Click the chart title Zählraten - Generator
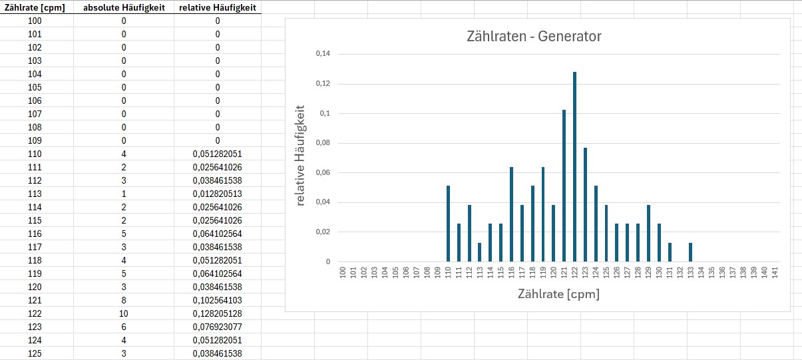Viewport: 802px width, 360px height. click(534, 37)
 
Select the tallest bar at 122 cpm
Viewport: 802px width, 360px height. click(574, 166)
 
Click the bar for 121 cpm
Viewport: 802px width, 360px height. click(564, 186)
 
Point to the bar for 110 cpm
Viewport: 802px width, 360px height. click(448, 224)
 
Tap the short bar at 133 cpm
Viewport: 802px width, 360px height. click(690, 252)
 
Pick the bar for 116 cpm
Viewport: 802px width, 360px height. click(511, 214)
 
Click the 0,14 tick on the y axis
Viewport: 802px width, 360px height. click(323, 54)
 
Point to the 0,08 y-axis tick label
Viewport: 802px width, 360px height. click(323, 143)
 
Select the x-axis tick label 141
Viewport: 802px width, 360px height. click(775, 273)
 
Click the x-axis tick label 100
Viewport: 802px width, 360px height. click(343, 273)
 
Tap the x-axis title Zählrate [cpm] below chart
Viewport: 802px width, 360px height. click(558, 293)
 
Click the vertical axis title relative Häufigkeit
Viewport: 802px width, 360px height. click(301, 154)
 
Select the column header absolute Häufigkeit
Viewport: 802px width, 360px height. click(124, 7)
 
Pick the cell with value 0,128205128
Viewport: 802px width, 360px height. click(217, 313)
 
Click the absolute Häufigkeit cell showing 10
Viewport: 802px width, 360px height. click(124, 313)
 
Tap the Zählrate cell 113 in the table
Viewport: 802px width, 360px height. click(35, 194)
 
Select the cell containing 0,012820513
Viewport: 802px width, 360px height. click(217, 194)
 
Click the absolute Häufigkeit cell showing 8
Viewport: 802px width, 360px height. click(124, 299)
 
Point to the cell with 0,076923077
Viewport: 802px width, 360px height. click(217, 326)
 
